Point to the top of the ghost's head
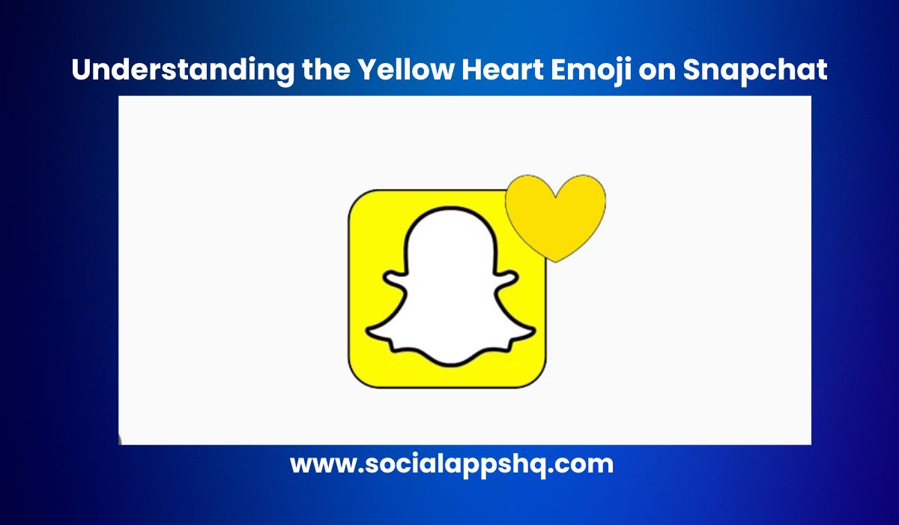tap(449, 212)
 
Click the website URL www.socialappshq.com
tap(451, 464)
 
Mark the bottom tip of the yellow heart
tap(555, 260)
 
